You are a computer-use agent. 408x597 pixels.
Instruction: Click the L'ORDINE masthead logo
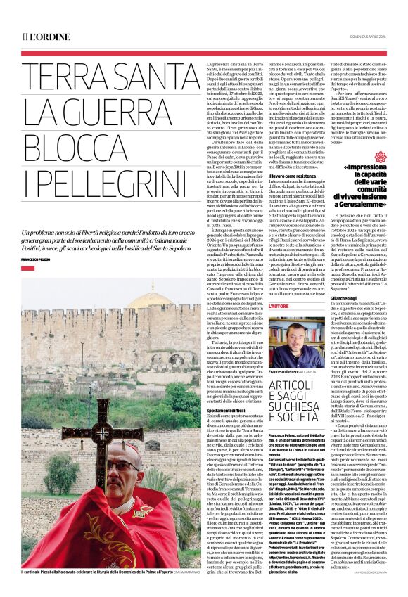45,37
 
